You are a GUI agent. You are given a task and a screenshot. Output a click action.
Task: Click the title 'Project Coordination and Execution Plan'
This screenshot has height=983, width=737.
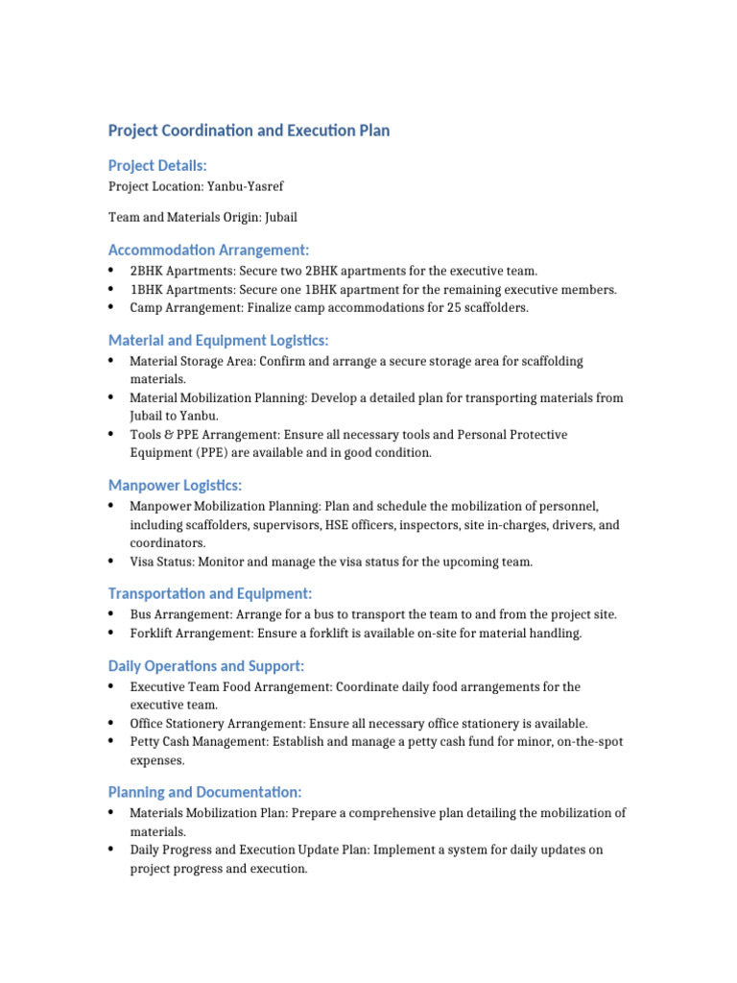click(249, 131)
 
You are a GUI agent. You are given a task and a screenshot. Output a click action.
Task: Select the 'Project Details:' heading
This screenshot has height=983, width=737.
click(157, 166)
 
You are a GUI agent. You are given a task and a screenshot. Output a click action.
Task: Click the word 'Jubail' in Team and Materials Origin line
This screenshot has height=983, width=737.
click(289, 218)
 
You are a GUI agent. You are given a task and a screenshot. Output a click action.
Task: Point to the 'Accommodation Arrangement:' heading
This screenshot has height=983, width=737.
click(208, 251)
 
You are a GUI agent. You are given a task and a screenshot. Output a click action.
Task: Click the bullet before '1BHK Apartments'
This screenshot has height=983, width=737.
click(113, 289)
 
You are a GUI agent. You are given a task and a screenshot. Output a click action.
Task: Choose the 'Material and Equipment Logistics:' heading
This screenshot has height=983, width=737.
click(218, 340)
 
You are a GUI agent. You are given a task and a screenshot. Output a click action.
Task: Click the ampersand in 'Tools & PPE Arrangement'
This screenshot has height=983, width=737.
click(168, 435)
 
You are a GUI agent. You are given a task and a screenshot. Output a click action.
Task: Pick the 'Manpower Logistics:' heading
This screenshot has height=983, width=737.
click(175, 486)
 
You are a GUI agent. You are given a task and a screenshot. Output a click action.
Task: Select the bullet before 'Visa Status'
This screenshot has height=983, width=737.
click(113, 562)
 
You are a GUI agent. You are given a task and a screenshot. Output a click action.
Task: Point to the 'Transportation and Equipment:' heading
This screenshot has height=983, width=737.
click(209, 594)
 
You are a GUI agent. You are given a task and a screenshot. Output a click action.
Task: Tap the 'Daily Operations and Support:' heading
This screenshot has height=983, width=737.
click(206, 666)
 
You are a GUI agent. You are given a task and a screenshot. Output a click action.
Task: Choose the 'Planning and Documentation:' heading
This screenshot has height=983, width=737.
click(204, 793)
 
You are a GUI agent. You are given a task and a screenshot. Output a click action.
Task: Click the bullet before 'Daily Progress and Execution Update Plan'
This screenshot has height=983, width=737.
click(113, 851)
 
